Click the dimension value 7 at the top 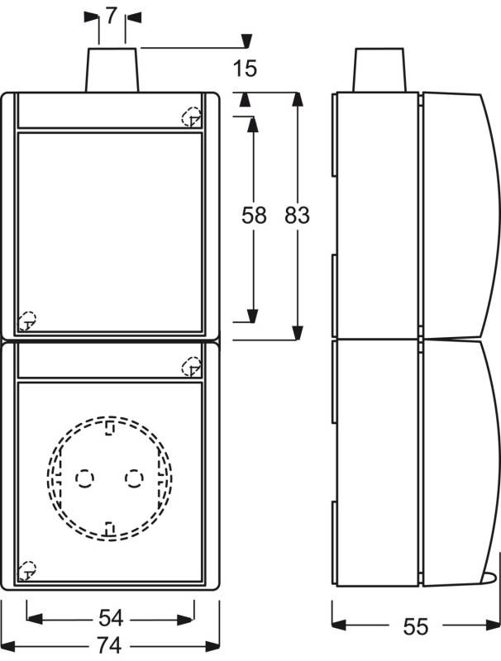[112, 17]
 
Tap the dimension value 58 [254, 216]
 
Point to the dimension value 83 [297, 216]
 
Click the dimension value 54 [111, 618]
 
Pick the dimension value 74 [111, 644]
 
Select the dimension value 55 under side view [417, 627]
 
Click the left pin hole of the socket [85, 478]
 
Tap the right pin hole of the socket [133, 478]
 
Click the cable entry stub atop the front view [112, 70]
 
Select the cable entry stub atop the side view [381, 70]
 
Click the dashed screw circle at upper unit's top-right [190, 117]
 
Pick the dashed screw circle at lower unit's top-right [190, 364]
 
